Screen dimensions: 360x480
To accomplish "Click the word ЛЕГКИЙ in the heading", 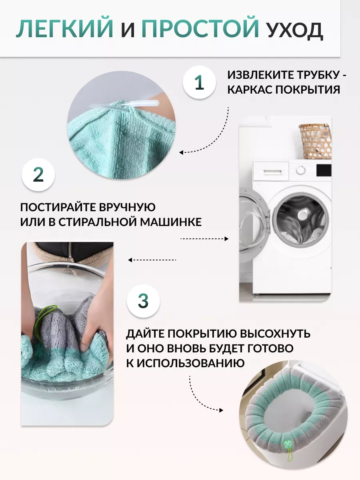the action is click(x=65, y=29).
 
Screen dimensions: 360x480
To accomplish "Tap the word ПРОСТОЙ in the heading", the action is click(x=200, y=29).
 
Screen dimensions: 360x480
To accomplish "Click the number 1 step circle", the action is click(x=199, y=82).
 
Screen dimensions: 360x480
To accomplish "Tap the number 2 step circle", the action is click(x=38, y=175).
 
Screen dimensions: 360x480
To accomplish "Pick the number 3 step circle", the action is click(x=143, y=301).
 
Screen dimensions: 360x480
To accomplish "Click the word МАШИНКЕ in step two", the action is click(x=171, y=222).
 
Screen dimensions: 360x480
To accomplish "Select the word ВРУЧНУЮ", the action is click(x=127, y=207).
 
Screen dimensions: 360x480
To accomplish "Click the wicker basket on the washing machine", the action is click(x=315, y=141).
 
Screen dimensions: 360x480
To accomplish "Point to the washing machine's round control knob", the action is click(x=301, y=170).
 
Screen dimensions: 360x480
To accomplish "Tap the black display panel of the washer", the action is click(x=324, y=170).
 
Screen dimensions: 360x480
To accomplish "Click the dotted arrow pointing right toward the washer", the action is click(x=204, y=239).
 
